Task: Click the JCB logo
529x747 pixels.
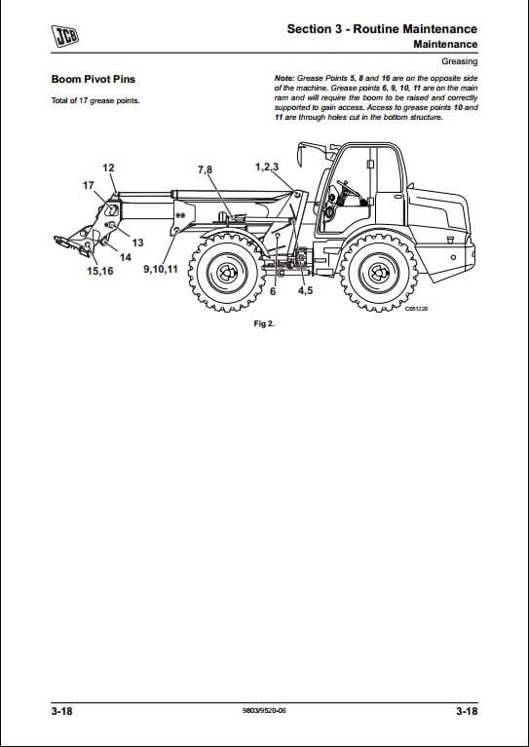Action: pyautogui.click(x=65, y=36)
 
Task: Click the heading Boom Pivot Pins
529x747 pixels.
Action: pyautogui.click(x=94, y=79)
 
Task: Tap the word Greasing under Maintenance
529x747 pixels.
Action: pyautogui.click(x=460, y=61)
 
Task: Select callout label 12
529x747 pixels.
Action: pyautogui.click(x=109, y=168)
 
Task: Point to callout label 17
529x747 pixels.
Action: pyautogui.click(x=88, y=185)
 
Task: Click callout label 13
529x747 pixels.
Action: pyautogui.click(x=137, y=243)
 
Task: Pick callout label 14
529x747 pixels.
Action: pyautogui.click(x=126, y=257)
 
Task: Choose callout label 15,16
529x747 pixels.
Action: pyautogui.click(x=100, y=271)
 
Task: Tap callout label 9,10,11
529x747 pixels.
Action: pyautogui.click(x=161, y=269)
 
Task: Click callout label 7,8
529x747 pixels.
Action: pyautogui.click(x=206, y=169)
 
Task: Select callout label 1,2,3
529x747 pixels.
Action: pyautogui.click(x=267, y=167)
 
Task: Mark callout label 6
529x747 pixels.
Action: pyautogui.click(x=273, y=291)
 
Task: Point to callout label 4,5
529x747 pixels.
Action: pyautogui.click(x=306, y=290)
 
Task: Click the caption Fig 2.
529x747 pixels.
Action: pyautogui.click(x=265, y=324)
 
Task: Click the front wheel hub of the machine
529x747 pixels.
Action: pyautogui.click(x=226, y=273)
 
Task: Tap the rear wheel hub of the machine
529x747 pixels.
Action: pyautogui.click(x=379, y=273)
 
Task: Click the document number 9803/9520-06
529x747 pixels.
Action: pyautogui.click(x=265, y=711)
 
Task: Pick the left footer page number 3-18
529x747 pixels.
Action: pyautogui.click(x=62, y=711)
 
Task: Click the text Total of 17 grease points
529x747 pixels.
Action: pyautogui.click(x=95, y=100)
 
